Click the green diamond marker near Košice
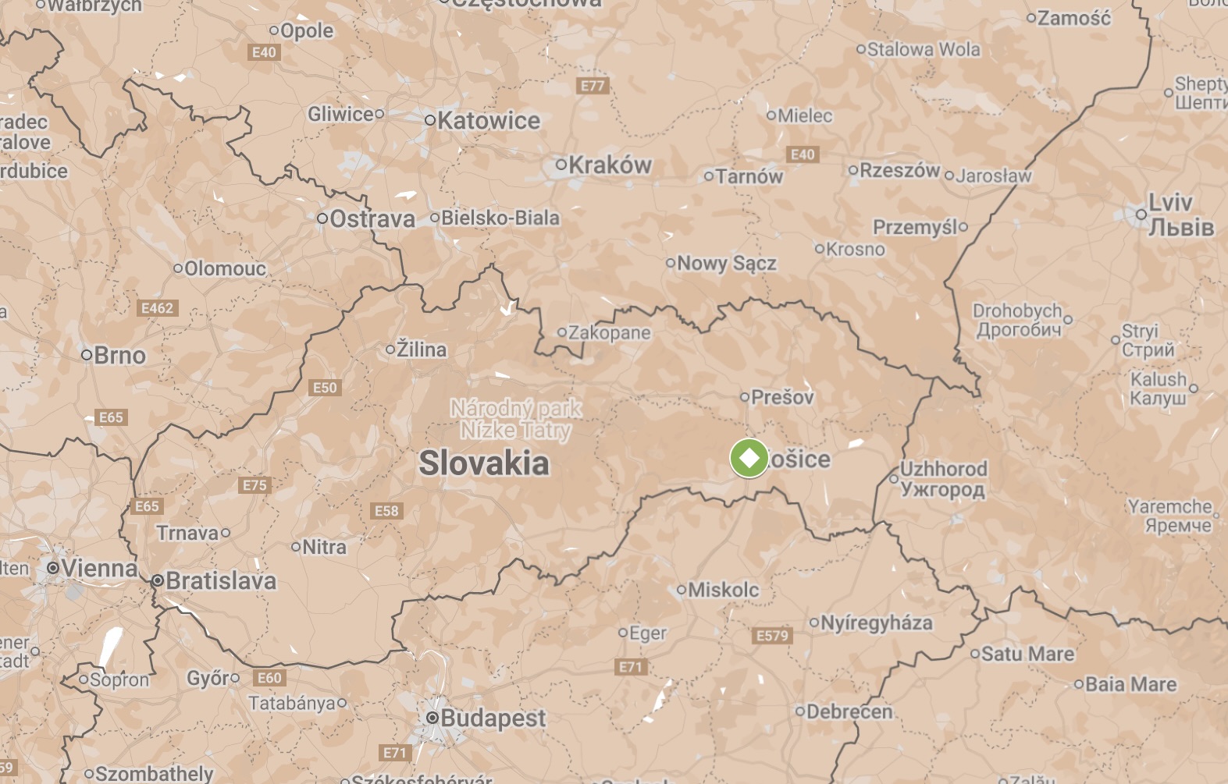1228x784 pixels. [x=749, y=458]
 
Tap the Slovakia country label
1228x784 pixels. [x=484, y=463]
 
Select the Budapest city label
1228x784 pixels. [x=493, y=718]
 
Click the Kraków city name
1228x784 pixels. [x=610, y=165]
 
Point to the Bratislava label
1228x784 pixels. [x=221, y=580]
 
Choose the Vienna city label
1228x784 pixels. [x=99, y=568]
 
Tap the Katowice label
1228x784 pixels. [x=489, y=120]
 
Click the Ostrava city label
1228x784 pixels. [x=372, y=218]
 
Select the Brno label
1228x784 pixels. [x=119, y=355]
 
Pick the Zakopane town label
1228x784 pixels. [x=609, y=332]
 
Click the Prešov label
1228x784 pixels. [x=783, y=397]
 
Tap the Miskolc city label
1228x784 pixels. [x=724, y=589]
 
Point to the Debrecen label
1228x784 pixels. [x=849, y=711]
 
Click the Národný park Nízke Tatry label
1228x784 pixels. [x=516, y=419]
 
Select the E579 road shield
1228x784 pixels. [x=772, y=635]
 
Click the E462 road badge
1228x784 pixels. [x=157, y=308]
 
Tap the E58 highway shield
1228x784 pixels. [x=386, y=511]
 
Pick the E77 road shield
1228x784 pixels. [x=593, y=86]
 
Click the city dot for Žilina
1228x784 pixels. [x=390, y=349]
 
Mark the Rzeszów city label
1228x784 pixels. [x=899, y=170]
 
